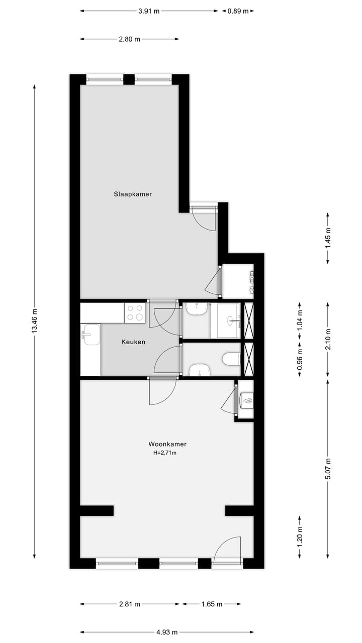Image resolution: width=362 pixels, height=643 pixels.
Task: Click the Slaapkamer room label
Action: pos(133,194)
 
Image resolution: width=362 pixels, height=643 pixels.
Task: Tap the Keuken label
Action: pos(133,342)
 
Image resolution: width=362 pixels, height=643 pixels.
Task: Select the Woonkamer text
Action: pos(167,444)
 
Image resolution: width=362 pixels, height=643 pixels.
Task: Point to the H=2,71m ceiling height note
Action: pos(165,453)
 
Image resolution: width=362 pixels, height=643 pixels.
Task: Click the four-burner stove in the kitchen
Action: pos(135,313)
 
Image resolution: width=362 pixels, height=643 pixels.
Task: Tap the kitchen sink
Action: pos(91,335)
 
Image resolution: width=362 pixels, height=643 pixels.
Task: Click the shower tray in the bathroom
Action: pos(225,320)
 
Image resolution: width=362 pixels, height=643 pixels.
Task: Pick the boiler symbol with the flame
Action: pos(247,399)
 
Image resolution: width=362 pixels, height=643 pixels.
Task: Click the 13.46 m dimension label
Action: pos(34,322)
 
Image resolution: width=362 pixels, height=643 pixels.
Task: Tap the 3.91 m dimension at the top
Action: pos(149,11)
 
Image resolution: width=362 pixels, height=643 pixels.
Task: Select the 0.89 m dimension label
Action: pos(238,11)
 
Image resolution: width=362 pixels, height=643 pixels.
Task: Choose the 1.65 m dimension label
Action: pos(212,604)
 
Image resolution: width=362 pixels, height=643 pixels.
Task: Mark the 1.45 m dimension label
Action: pos(328,238)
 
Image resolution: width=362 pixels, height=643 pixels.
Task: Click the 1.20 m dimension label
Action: pos(300,537)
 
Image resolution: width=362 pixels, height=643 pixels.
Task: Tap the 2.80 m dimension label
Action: pos(129,39)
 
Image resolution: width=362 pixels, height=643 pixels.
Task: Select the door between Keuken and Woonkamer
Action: pos(162,390)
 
